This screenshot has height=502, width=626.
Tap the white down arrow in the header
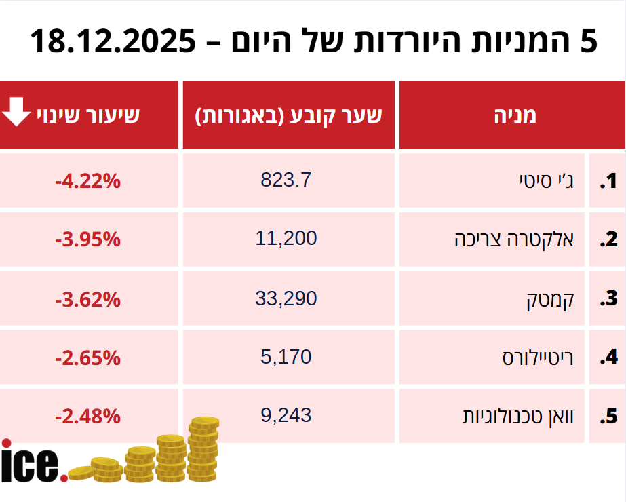(15, 113)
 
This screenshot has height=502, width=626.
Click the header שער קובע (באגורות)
(289, 115)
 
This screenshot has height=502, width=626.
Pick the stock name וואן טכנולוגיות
(518, 416)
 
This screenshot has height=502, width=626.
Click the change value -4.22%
(87, 181)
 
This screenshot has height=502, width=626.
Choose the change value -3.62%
(87, 298)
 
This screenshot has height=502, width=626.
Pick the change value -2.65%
(87, 357)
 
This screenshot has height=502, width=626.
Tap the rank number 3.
(608, 299)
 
